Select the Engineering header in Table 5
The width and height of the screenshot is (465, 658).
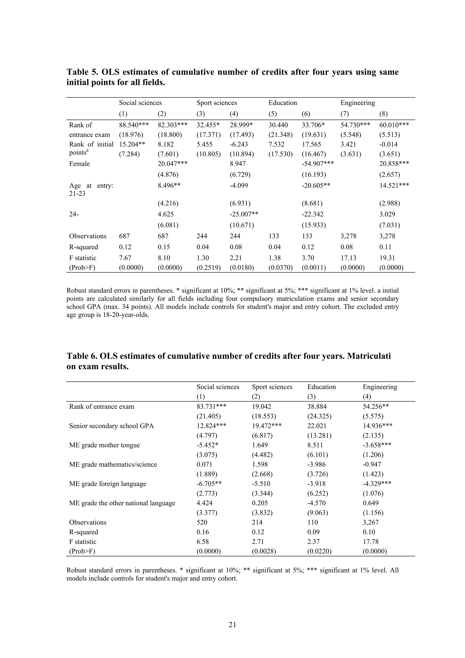pyautogui.click(x=358, y=103)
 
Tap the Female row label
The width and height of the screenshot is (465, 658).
pyautogui.click(x=79, y=164)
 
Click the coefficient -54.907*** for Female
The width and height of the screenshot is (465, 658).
pyautogui.click(x=317, y=164)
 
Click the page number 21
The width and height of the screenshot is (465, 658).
pyautogui.click(x=232, y=624)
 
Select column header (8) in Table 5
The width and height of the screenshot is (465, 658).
pyautogui.click(x=383, y=114)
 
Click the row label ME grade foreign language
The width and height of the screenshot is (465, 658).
pyautogui.click(x=107, y=484)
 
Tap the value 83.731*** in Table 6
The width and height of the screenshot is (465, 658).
pyautogui.click(x=211, y=406)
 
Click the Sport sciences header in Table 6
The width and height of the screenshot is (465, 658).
pyautogui.click(x=272, y=387)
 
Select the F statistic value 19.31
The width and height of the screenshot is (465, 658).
pyautogui.click(x=387, y=258)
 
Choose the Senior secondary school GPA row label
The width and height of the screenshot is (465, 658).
pyautogui.click(x=111, y=426)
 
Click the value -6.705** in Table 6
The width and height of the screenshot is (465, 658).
pyautogui.click(x=209, y=484)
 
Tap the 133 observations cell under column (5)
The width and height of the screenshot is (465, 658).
pyautogui.click(x=274, y=236)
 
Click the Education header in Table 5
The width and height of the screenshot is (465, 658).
pyautogui.click(x=282, y=103)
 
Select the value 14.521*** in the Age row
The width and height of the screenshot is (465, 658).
pyautogui.click(x=394, y=186)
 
